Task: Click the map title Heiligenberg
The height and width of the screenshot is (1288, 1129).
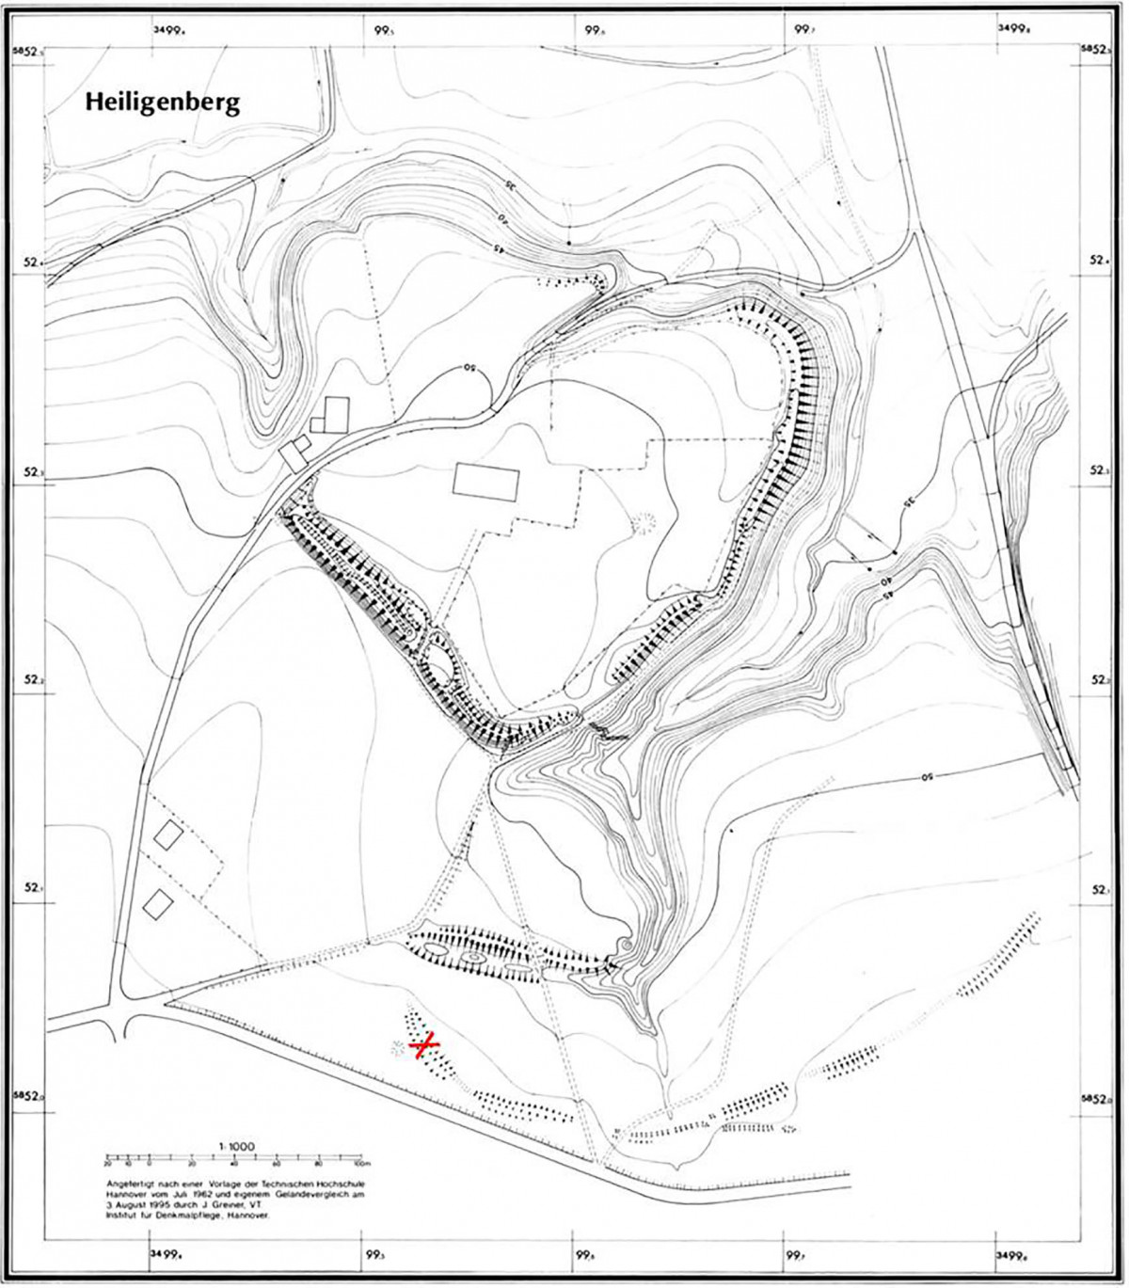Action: (162, 102)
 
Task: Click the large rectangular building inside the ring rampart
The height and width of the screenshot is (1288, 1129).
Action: (485, 481)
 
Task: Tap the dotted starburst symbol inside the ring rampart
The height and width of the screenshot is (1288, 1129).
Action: (644, 522)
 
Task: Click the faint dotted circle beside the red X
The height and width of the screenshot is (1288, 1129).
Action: (400, 1047)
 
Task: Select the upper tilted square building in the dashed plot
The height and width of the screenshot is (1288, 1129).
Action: (169, 835)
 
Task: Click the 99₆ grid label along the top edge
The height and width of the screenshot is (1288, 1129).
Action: (593, 29)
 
